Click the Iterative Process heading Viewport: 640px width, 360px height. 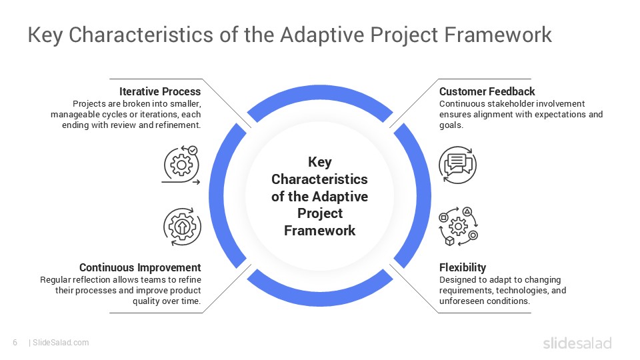[160, 91]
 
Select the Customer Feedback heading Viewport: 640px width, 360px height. [487, 91]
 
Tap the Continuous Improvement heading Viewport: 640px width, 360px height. [140, 267]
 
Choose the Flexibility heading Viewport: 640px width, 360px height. [462, 267]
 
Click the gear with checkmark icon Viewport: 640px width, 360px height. [182, 164]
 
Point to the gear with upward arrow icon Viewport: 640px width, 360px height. [182, 226]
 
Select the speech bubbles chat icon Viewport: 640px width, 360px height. [457, 164]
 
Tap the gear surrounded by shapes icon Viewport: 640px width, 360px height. [457, 226]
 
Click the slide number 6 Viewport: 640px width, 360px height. [15, 343]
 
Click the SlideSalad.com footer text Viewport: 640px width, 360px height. [61, 343]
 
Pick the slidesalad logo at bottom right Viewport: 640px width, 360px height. [577, 343]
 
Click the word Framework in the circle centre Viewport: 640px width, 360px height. [319, 231]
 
